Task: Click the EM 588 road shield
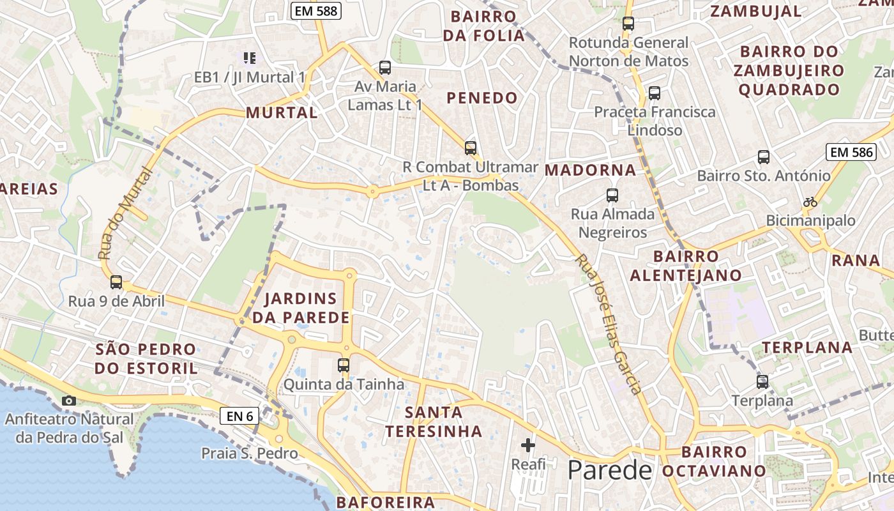point(316,11)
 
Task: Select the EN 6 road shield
point(240,416)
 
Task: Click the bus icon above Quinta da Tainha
point(344,365)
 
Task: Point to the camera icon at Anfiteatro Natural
point(68,400)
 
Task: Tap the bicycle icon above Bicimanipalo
point(810,202)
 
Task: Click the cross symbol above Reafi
point(528,445)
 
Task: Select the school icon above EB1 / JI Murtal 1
point(250,58)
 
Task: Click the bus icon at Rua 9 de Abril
point(116,282)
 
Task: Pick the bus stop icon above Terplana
point(762,382)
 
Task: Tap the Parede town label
point(610,471)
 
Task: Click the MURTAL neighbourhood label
point(282,113)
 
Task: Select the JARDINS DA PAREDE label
point(300,308)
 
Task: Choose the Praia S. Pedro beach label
point(250,454)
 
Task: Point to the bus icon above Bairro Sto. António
point(763,156)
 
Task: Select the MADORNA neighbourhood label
point(591,171)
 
